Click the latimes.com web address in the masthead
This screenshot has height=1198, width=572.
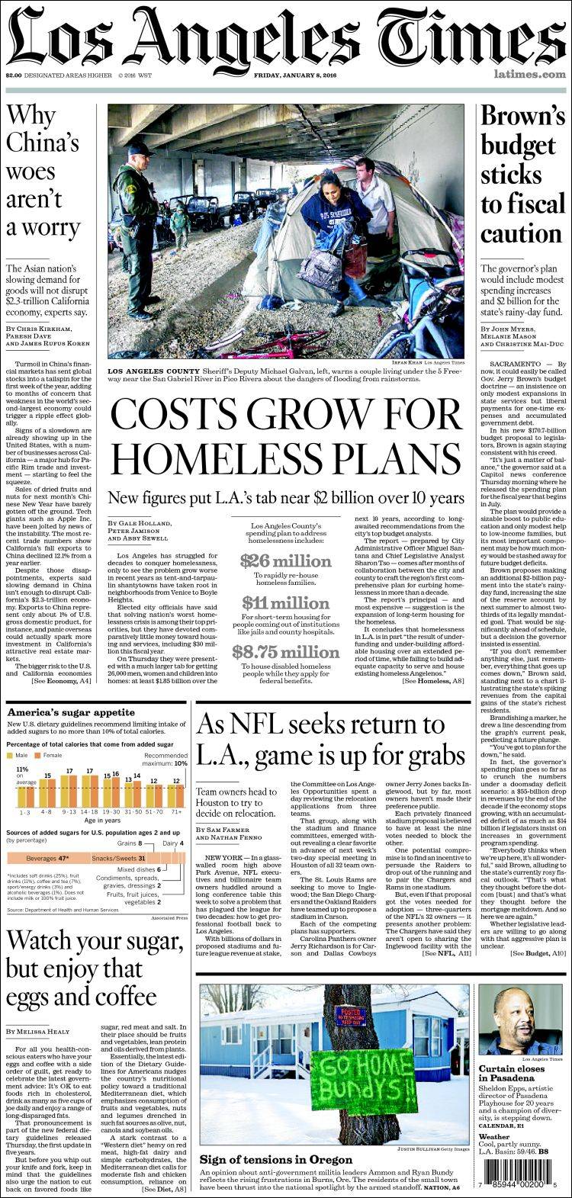pos(529,75)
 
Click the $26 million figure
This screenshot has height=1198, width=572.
pos(285,561)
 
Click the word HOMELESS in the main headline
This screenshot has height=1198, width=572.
pos(207,458)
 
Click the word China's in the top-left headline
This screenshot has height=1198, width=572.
pos(43,143)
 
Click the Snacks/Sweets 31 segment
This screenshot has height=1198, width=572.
pos(120,858)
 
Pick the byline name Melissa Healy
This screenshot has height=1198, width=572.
pos(53,1031)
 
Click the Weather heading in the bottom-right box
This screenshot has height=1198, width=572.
pos(493,1136)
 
